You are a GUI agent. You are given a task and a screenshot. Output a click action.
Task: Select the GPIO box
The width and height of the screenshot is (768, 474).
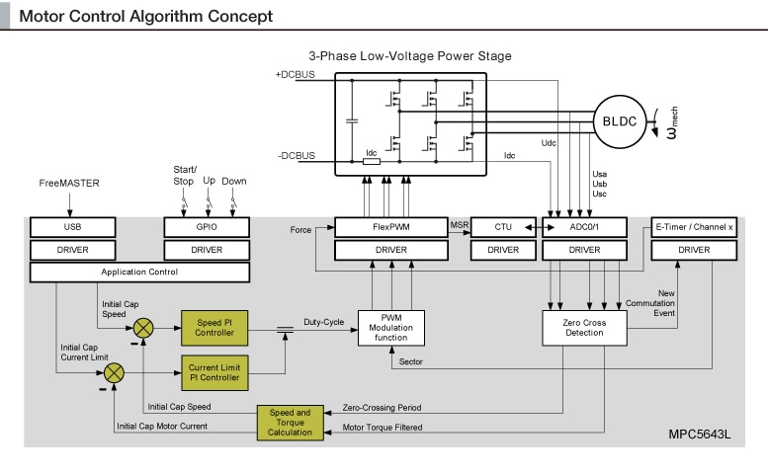click(207, 227)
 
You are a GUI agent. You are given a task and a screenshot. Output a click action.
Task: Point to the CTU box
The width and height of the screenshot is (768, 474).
click(502, 227)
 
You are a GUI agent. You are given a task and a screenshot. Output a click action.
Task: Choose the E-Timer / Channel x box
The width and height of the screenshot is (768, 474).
click(695, 227)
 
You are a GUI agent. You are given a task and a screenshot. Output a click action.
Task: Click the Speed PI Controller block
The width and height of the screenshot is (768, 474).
click(213, 327)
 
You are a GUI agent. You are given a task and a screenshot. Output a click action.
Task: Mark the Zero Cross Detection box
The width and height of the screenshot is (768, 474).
click(586, 327)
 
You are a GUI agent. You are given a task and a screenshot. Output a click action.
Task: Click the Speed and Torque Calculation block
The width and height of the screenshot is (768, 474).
click(290, 422)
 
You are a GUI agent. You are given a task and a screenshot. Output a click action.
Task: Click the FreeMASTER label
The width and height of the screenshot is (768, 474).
click(69, 184)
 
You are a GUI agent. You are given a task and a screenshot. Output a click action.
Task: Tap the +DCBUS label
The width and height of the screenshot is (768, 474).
click(294, 76)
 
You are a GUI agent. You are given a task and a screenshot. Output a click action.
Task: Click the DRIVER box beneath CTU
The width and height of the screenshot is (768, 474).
click(502, 250)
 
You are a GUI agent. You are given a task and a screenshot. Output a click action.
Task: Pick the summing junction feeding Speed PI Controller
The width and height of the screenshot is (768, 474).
click(144, 327)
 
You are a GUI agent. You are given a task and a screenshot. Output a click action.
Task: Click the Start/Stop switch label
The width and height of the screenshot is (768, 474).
click(185, 175)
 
